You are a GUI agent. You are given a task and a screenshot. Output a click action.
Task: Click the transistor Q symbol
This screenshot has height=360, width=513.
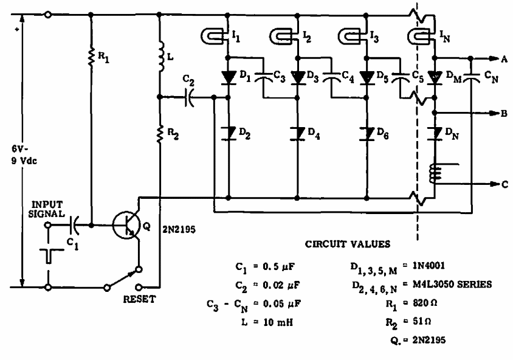[126, 225]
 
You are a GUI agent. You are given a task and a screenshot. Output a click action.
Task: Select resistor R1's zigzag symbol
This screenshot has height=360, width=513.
[91, 58]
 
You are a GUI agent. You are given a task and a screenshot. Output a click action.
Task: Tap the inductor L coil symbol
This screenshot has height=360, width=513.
[161, 55]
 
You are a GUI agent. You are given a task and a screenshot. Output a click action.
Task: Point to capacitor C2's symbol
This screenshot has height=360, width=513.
[189, 97]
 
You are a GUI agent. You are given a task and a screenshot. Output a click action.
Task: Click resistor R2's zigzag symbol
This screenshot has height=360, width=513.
[160, 134]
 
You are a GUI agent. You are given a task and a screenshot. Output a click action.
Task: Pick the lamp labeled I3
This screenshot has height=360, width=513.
[352, 36]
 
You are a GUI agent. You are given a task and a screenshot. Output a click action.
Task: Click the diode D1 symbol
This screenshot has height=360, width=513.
[229, 78]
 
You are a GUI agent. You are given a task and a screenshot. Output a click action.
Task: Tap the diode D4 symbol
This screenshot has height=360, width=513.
[297, 134]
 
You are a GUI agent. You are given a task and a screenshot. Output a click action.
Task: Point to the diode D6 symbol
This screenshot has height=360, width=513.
[367, 134]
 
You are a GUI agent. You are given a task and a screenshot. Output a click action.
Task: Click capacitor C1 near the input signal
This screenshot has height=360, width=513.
[75, 225]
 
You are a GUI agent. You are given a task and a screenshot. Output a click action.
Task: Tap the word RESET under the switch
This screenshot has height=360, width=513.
[139, 299]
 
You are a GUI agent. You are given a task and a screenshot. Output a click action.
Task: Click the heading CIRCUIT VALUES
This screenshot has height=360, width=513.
[348, 244]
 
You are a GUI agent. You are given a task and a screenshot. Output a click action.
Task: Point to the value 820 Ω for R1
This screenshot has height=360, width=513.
[424, 303]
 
